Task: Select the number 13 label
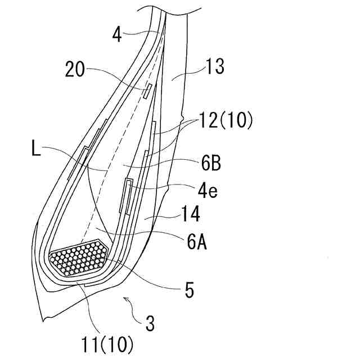point(215,67)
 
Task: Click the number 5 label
point(190,291)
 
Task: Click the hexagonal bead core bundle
point(79,258)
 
